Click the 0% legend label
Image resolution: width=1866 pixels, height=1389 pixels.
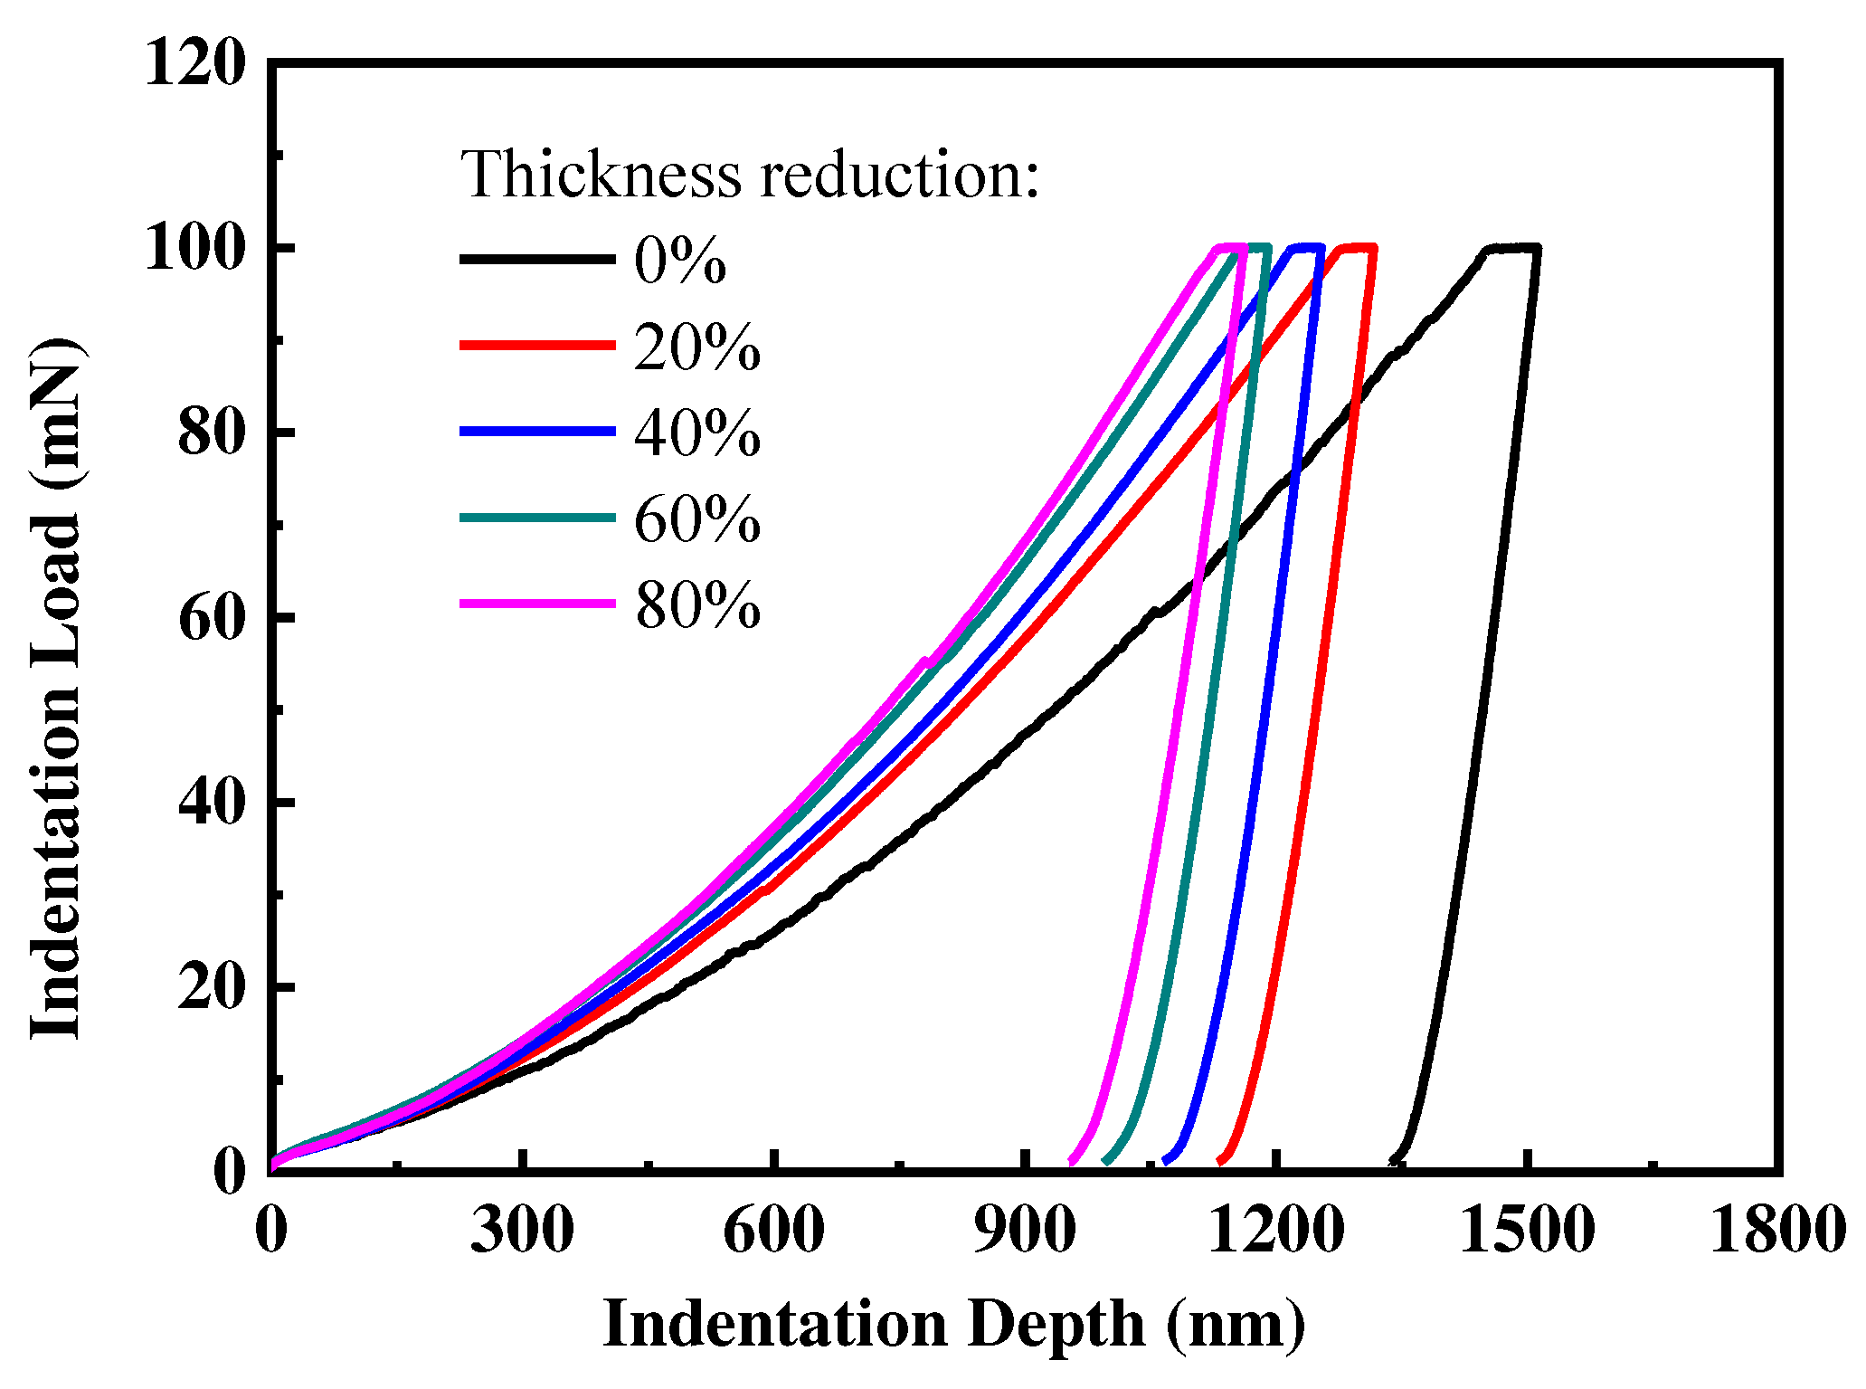(680, 261)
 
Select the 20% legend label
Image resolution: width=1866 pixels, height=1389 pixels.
(696, 347)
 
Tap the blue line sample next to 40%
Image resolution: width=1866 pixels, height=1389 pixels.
(537, 432)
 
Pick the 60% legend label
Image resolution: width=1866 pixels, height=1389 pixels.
(696, 519)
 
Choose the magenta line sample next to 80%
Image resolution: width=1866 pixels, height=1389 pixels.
(537, 603)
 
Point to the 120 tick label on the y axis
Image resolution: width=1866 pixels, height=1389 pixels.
(195, 64)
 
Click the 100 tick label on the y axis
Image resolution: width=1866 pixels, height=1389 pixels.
(195, 248)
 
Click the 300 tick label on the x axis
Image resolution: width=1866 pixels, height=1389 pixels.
(522, 1232)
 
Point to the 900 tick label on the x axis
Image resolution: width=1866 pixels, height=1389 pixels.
(1024, 1232)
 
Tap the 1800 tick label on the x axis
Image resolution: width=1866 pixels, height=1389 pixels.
(1776, 1232)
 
